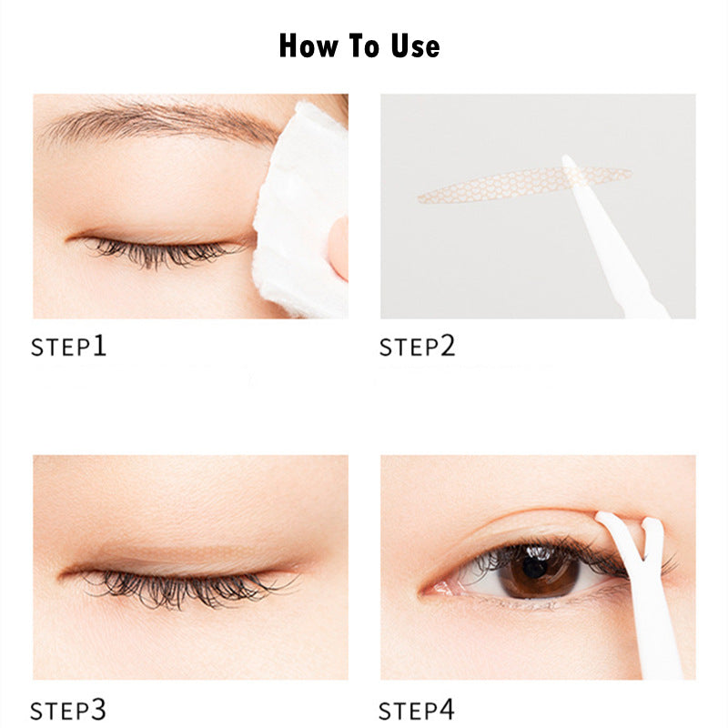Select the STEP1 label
[x=69, y=346]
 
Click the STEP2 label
[x=417, y=346]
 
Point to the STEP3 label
[x=69, y=709]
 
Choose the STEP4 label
[x=417, y=709]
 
